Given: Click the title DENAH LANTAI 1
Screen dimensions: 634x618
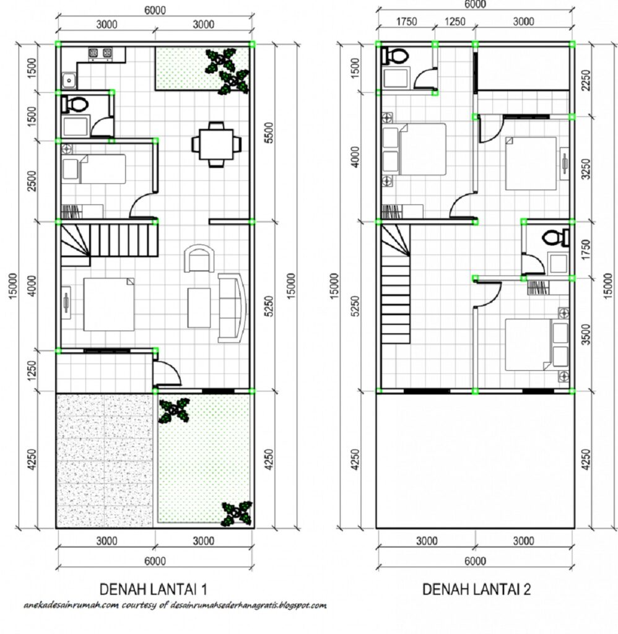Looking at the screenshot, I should [158, 588].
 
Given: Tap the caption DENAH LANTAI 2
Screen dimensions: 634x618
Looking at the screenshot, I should [476, 589].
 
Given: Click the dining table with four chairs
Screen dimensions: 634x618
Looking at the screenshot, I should [216, 144].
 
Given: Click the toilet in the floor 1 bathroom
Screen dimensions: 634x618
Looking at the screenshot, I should [75, 104].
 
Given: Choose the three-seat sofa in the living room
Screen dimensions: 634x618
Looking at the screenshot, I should [231, 308].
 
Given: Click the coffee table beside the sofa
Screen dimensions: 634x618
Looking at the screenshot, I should [199, 308].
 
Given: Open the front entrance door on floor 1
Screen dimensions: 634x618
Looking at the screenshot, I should [166, 371].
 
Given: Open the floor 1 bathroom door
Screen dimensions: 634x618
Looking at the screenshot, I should [100, 127].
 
